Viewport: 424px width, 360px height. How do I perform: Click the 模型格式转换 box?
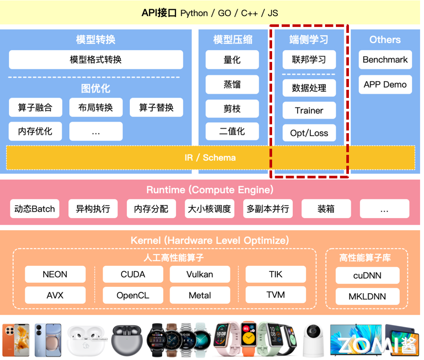[96, 59]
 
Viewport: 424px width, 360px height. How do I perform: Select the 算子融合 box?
[35, 108]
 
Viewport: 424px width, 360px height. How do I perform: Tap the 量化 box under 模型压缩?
[232, 60]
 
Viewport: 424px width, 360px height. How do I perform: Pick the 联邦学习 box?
[309, 60]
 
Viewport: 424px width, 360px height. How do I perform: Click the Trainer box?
[309, 111]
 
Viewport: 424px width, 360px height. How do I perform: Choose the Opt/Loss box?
[309, 133]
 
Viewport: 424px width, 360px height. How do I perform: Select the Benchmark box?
[385, 60]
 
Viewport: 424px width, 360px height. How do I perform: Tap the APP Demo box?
[385, 85]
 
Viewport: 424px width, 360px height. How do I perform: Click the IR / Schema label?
[210, 157]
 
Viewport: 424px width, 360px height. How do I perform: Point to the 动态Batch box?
[35, 209]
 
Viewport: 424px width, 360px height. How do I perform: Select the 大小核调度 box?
[209, 209]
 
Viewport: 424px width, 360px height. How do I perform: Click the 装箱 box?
[326, 209]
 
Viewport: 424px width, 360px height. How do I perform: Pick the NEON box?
[55, 274]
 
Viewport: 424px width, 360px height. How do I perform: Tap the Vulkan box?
[200, 274]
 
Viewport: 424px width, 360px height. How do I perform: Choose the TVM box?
[276, 295]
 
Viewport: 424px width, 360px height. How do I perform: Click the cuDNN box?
[367, 276]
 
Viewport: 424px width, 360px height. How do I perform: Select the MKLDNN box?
[367, 297]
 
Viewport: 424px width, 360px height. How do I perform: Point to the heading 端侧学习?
[309, 40]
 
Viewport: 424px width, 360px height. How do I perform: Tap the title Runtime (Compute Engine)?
[210, 190]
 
